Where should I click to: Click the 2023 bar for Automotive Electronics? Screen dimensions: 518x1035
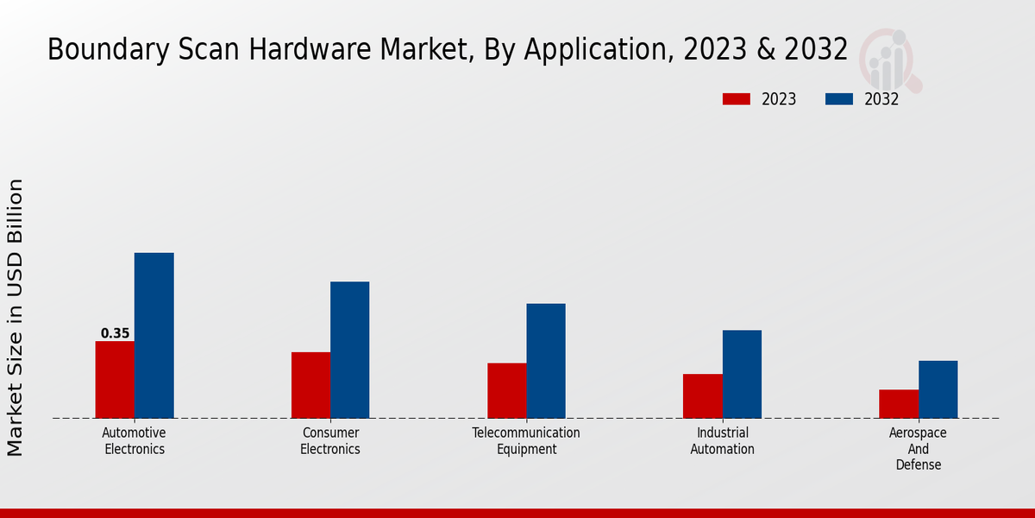(115, 380)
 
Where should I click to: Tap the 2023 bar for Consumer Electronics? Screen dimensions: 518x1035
(310, 385)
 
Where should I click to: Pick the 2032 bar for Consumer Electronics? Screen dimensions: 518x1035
(349, 350)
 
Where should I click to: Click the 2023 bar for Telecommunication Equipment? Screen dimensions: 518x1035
(506, 390)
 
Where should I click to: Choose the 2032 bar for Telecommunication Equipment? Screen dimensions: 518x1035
(546, 361)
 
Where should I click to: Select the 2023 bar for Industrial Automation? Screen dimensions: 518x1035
(702, 396)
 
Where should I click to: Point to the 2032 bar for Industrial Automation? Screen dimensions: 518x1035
(742, 374)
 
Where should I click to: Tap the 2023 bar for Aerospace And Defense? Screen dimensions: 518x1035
(899, 404)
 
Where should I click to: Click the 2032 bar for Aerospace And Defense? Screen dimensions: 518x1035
(938, 389)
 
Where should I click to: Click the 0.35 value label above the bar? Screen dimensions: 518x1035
(115, 333)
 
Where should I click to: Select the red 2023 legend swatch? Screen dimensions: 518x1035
(736, 99)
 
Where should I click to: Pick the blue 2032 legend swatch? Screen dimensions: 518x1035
(838, 99)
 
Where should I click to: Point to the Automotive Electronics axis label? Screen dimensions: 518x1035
(135, 440)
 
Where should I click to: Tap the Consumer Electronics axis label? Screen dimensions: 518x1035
(330, 440)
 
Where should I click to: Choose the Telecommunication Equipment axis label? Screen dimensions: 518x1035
(526, 440)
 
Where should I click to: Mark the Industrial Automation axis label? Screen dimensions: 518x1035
(723, 440)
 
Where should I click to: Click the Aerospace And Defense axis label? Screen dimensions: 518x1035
(918, 448)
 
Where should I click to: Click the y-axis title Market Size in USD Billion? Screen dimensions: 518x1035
(16, 317)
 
